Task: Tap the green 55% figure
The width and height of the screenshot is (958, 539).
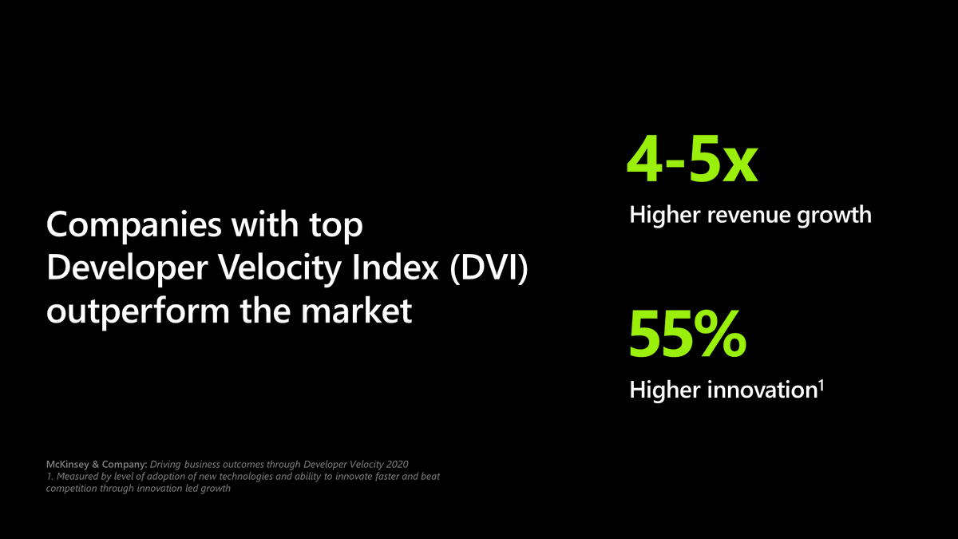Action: click(687, 335)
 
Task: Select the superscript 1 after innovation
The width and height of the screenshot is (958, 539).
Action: click(821, 385)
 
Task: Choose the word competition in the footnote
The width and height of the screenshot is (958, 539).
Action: click(70, 489)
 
